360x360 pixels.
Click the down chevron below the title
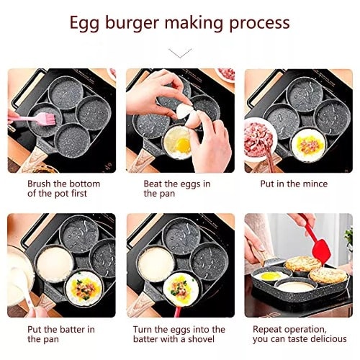(x=180, y=53)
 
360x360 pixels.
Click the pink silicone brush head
(x=49, y=118)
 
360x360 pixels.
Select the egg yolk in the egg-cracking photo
(x=184, y=145)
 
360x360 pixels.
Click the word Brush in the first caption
(x=40, y=184)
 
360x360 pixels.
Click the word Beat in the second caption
(x=153, y=184)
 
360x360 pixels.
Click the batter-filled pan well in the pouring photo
(x=55, y=265)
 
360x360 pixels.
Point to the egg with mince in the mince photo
(x=308, y=145)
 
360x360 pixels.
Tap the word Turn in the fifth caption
(x=143, y=330)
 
